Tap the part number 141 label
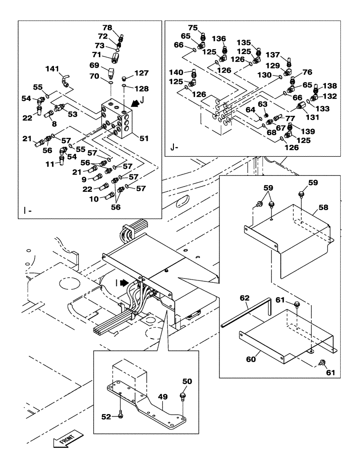(x=52, y=69)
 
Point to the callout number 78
(x=108, y=28)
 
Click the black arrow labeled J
(x=135, y=102)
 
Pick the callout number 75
(x=193, y=28)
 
